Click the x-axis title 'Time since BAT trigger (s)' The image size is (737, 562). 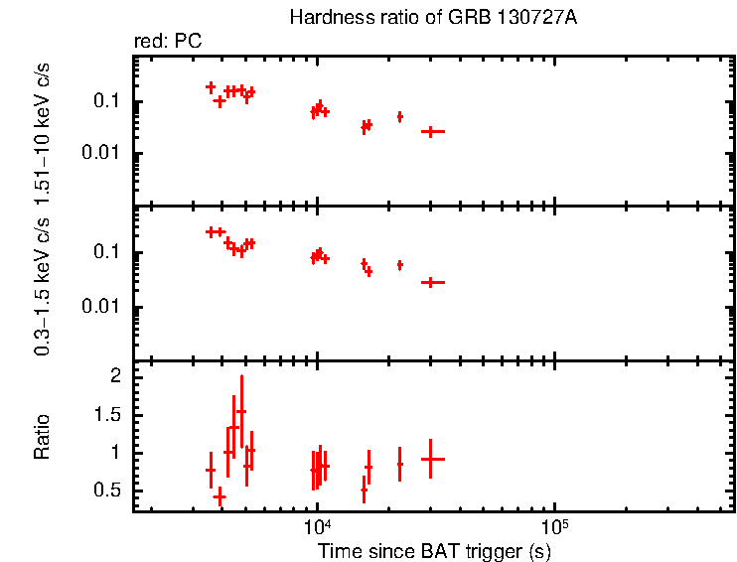434,550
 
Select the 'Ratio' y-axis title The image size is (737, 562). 42,437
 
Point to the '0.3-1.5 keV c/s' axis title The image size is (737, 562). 42,283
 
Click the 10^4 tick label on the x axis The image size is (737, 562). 316,527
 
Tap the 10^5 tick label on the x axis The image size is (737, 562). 554,527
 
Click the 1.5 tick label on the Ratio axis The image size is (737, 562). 108,415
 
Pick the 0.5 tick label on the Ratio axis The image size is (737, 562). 108,491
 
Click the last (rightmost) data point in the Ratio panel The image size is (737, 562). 431,459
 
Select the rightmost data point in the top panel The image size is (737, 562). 431,131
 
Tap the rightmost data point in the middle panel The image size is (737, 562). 431,282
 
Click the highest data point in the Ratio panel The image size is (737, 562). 241,411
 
